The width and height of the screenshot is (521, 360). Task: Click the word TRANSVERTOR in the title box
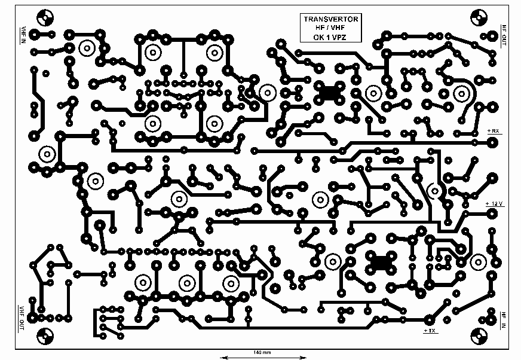point(330,19)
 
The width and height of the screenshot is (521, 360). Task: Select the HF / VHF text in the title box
point(330,28)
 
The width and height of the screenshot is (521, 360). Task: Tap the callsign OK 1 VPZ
point(330,37)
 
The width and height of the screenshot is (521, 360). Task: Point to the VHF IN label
point(23,35)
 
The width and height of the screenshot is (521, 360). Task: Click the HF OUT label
point(504,35)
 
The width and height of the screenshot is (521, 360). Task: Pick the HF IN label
point(504,321)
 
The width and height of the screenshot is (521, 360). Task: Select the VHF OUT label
point(22,318)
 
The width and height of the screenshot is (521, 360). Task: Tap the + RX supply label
point(493,131)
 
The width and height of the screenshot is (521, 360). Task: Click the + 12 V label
point(495,203)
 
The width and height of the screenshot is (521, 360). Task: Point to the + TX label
point(430,331)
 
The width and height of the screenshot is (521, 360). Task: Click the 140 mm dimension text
point(262,352)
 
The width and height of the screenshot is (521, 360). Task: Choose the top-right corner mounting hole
point(479,17)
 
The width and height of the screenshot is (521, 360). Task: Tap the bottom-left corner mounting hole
point(45,336)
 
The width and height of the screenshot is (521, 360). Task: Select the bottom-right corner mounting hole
point(479,337)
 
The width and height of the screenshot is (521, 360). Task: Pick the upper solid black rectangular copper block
point(329,92)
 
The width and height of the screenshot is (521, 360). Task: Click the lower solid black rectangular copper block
point(381,262)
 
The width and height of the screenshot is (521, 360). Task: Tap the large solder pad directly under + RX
point(492,143)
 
